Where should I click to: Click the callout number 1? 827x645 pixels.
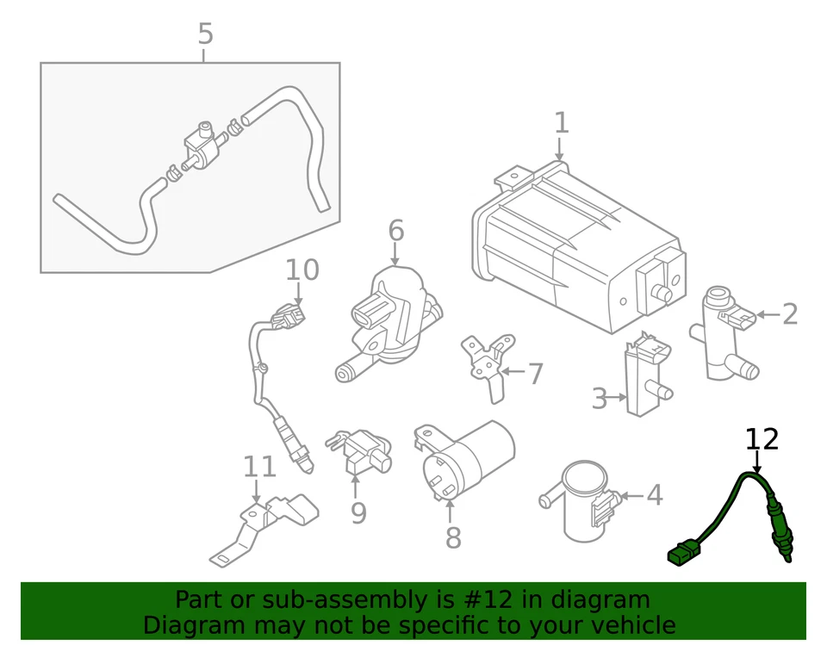[561, 123]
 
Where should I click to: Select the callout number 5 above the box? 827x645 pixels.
[204, 34]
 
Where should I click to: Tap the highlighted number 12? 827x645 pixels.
[762, 439]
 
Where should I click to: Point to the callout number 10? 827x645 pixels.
[302, 270]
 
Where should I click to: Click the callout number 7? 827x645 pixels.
[535, 375]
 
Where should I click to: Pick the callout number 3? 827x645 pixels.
[600, 399]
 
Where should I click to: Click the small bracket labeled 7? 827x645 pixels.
[484, 362]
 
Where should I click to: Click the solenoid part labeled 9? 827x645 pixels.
[360, 452]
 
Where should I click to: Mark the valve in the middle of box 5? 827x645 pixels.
[200, 146]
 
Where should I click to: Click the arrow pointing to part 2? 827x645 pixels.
[767, 315]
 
